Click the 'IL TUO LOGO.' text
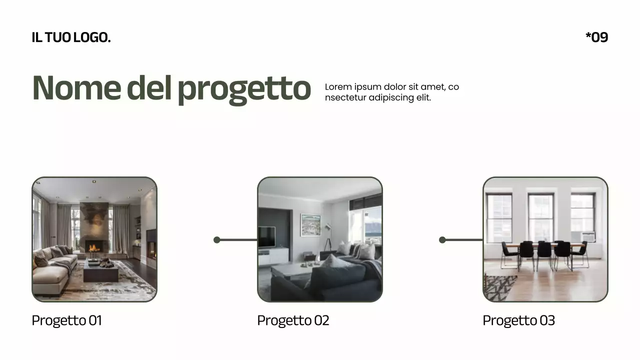71,37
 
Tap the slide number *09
596,37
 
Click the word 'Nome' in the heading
76,87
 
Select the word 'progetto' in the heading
244,88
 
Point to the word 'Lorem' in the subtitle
338,87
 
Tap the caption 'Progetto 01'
66,320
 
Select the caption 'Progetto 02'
293,320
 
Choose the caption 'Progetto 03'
518,320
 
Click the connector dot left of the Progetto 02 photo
217,240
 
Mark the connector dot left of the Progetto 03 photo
442,240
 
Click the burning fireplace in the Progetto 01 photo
93,246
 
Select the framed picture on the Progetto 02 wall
310,225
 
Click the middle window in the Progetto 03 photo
541,217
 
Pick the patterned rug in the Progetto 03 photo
499,287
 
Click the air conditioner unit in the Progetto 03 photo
588,237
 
